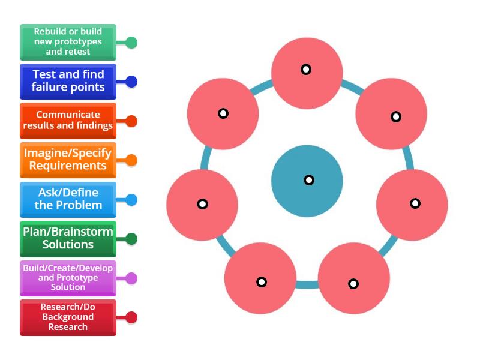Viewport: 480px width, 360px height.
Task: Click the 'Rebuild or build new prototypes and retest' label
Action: tap(68, 42)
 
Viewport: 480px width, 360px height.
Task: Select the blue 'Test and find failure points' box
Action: tap(68, 81)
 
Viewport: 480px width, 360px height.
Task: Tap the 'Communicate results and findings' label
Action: tap(68, 121)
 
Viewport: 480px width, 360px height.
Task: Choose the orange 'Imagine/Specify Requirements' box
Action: tap(68, 160)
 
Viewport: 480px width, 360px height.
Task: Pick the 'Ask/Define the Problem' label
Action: tap(68, 199)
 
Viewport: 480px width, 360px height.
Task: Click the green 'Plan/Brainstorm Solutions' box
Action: tap(68, 239)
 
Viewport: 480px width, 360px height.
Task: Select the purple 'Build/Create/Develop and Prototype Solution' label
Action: tap(68, 278)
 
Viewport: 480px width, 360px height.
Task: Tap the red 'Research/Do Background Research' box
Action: tap(68, 317)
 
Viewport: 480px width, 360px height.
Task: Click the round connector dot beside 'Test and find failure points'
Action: tap(131, 82)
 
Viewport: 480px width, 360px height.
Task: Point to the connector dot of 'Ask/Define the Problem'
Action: tap(131, 200)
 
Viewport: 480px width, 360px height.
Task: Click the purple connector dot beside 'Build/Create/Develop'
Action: tap(131, 278)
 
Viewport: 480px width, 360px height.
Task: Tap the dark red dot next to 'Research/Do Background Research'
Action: tap(131, 317)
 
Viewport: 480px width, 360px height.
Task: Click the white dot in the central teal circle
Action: tap(309, 180)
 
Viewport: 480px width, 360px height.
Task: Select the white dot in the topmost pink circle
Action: tap(306, 70)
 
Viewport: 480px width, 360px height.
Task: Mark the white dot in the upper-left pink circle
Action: tap(223, 113)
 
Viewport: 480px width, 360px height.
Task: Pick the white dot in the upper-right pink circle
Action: tap(396, 117)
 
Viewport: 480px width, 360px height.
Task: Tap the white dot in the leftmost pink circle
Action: tap(203, 204)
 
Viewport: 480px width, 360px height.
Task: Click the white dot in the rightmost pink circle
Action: tap(415, 203)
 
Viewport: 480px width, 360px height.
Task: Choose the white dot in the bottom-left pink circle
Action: tap(262, 282)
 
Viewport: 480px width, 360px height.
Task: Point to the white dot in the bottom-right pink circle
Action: tap(353, 284)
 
